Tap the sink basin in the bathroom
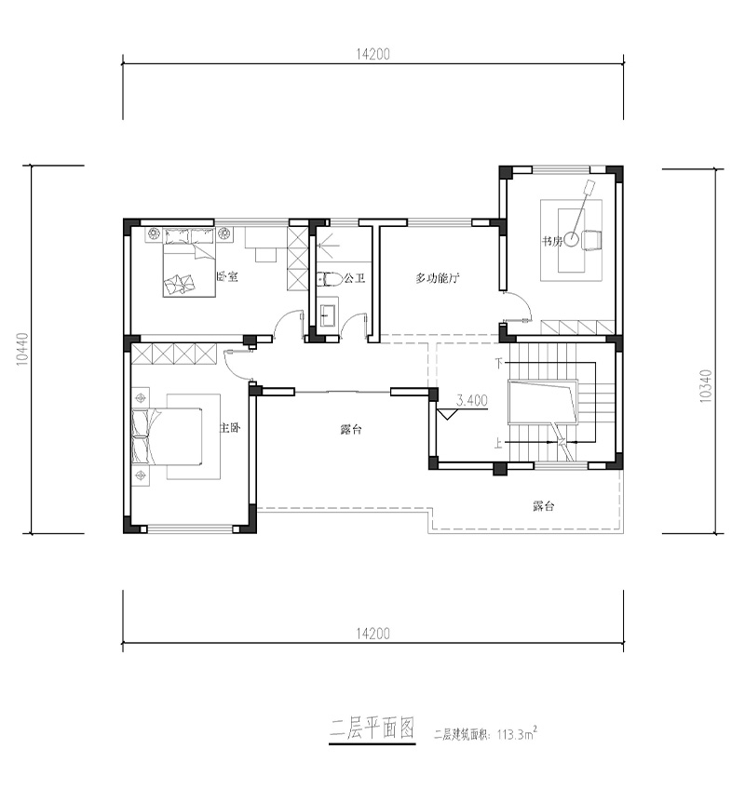[x=328, y=315]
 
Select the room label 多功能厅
[x=438, y=278]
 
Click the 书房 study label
[x=552, y=240]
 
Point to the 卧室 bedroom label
[x=227, y=276]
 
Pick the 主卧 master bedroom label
[x=230, y=428]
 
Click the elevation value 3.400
[x=471, y=400]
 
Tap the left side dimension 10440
[x=22, y=349]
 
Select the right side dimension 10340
[x=705, y=386]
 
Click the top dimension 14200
[x=372, y=54]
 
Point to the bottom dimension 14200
[x=372, y=634]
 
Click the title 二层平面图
[x=372, y=728]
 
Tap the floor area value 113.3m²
[x=517, y=734]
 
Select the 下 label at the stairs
[x=500, y=363]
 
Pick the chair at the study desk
[x=592, y=240]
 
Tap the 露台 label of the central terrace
[x=351, y=430]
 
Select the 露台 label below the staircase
[x=543, y=506]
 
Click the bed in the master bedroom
[x=167, y=436]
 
